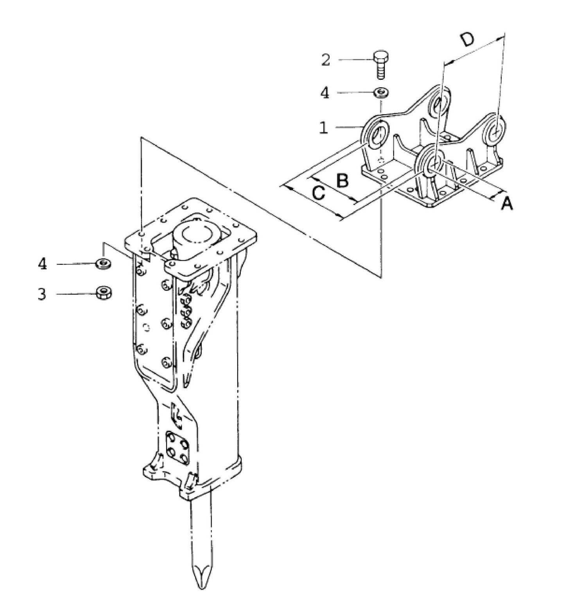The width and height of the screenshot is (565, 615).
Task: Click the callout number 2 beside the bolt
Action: tap(326, 60)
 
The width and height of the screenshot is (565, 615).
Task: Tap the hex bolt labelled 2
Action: tap(380, 64)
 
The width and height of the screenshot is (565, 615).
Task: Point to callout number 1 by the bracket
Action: tap(324, 127)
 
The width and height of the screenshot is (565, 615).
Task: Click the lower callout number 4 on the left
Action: tap(42, 264)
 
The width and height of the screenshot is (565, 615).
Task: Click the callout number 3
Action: tap(42, 294)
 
